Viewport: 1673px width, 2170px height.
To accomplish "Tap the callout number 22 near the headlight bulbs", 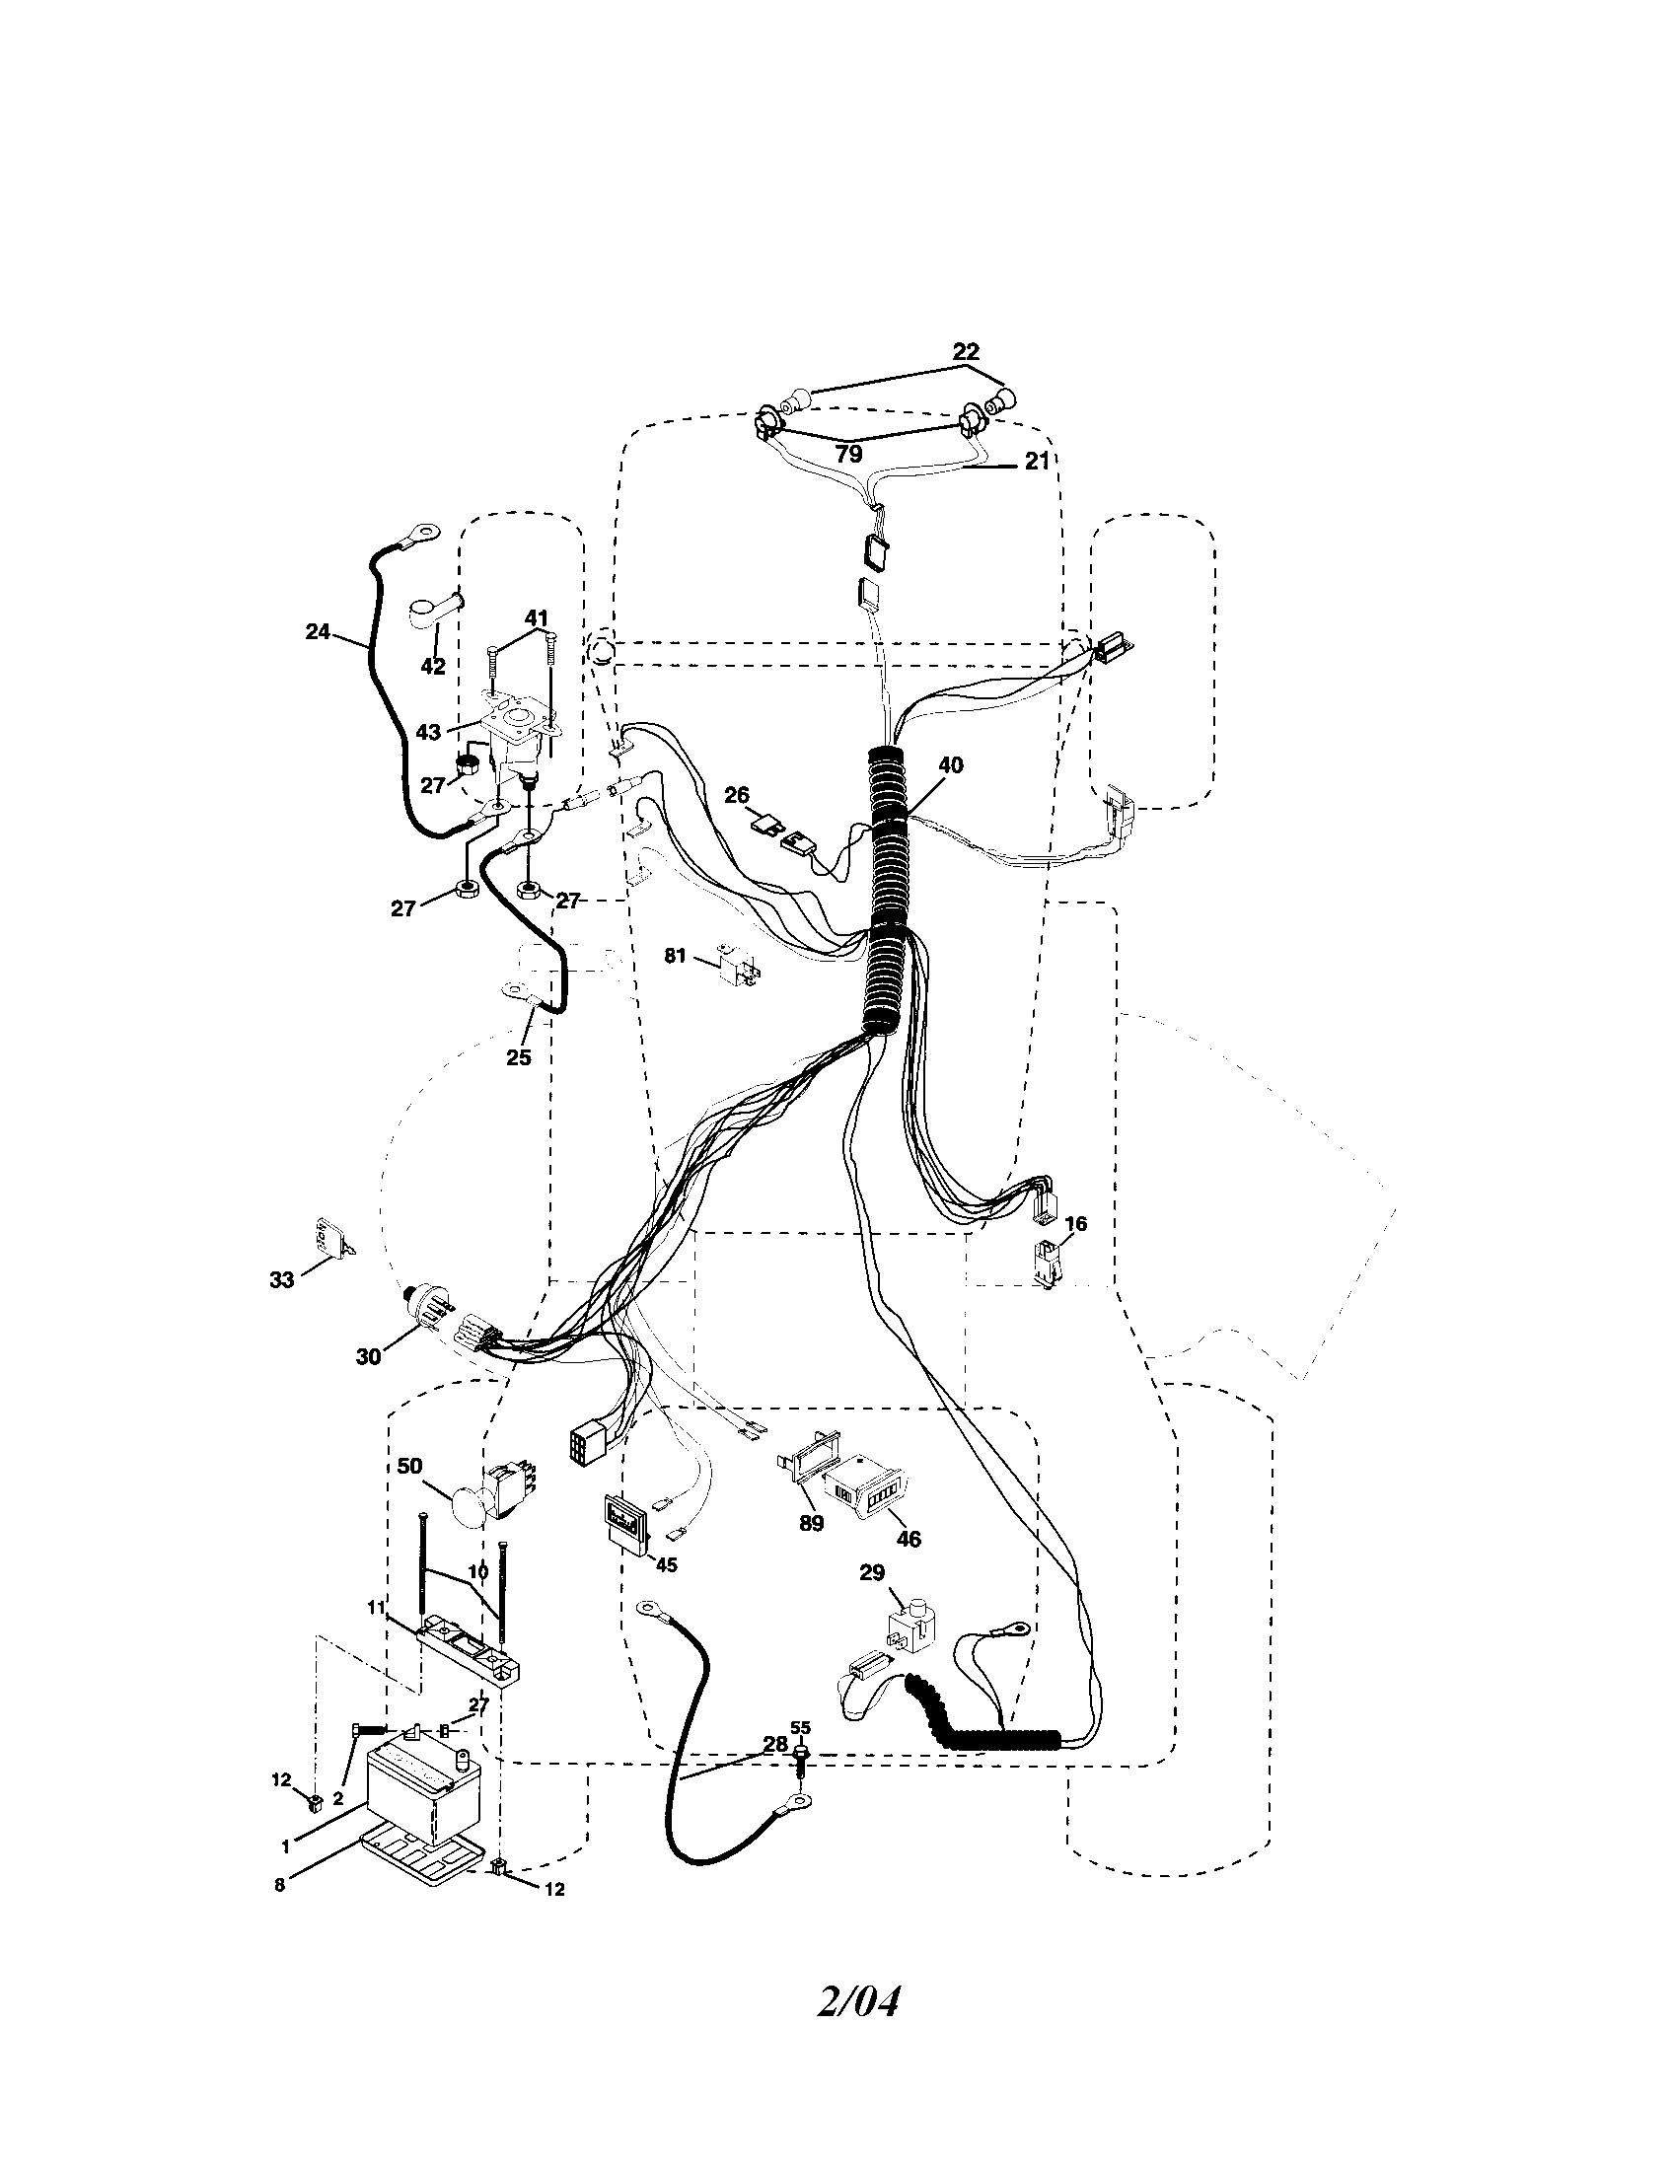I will coord(965,352).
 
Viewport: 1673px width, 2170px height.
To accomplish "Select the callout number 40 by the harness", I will coord(950,765).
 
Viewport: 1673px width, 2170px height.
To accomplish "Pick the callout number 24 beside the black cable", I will coord(317,631).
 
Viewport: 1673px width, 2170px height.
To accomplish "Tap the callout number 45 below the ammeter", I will coord(665,1565).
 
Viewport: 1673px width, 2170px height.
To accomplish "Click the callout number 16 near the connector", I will coord(1075,1224).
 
